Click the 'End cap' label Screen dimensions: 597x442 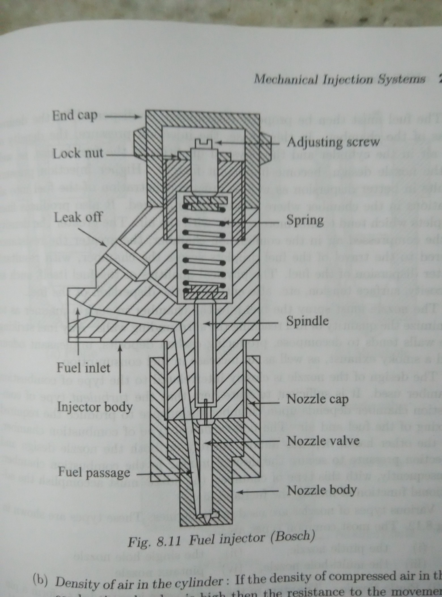75,116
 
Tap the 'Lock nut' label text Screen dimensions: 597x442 78,154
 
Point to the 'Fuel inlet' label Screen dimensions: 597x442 83,367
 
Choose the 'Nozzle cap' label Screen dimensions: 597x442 318,399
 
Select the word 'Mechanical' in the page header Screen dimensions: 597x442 286,80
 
